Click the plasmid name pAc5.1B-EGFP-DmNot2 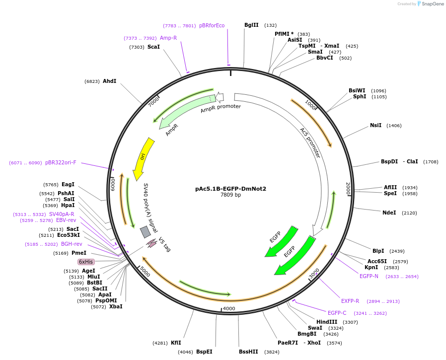coord(230,189)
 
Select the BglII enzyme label coord(251,25)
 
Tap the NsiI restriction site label coord(375,125)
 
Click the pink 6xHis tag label coord(86,262)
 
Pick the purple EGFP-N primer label coord(369,276)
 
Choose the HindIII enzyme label coord(327,322)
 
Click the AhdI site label coord(109,81)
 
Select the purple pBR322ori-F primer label coord(61,162)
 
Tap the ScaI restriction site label coord(153,47)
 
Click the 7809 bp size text coord(230,195)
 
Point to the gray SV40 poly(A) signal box coord(145,232)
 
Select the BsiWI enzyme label coord(357,90)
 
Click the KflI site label coord(176,343)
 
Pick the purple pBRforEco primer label coord(212,25)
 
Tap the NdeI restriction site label coord(389,213)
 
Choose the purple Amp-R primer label coord(168,38)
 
